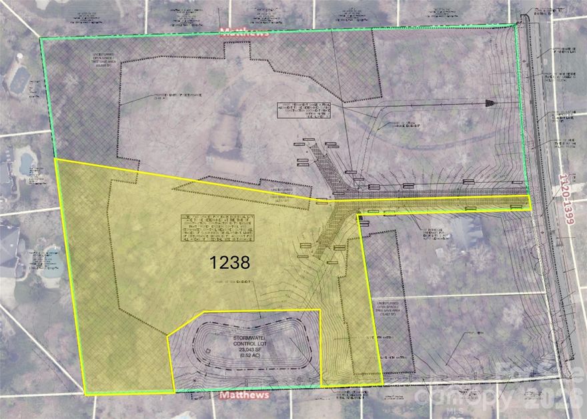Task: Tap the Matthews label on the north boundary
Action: (x=246, y=32)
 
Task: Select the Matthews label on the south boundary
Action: (x=245, y=395)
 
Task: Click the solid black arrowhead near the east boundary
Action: (x=490, y=103)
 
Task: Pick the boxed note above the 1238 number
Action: (x=219, y=228)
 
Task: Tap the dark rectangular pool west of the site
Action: (x=17, y=79)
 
